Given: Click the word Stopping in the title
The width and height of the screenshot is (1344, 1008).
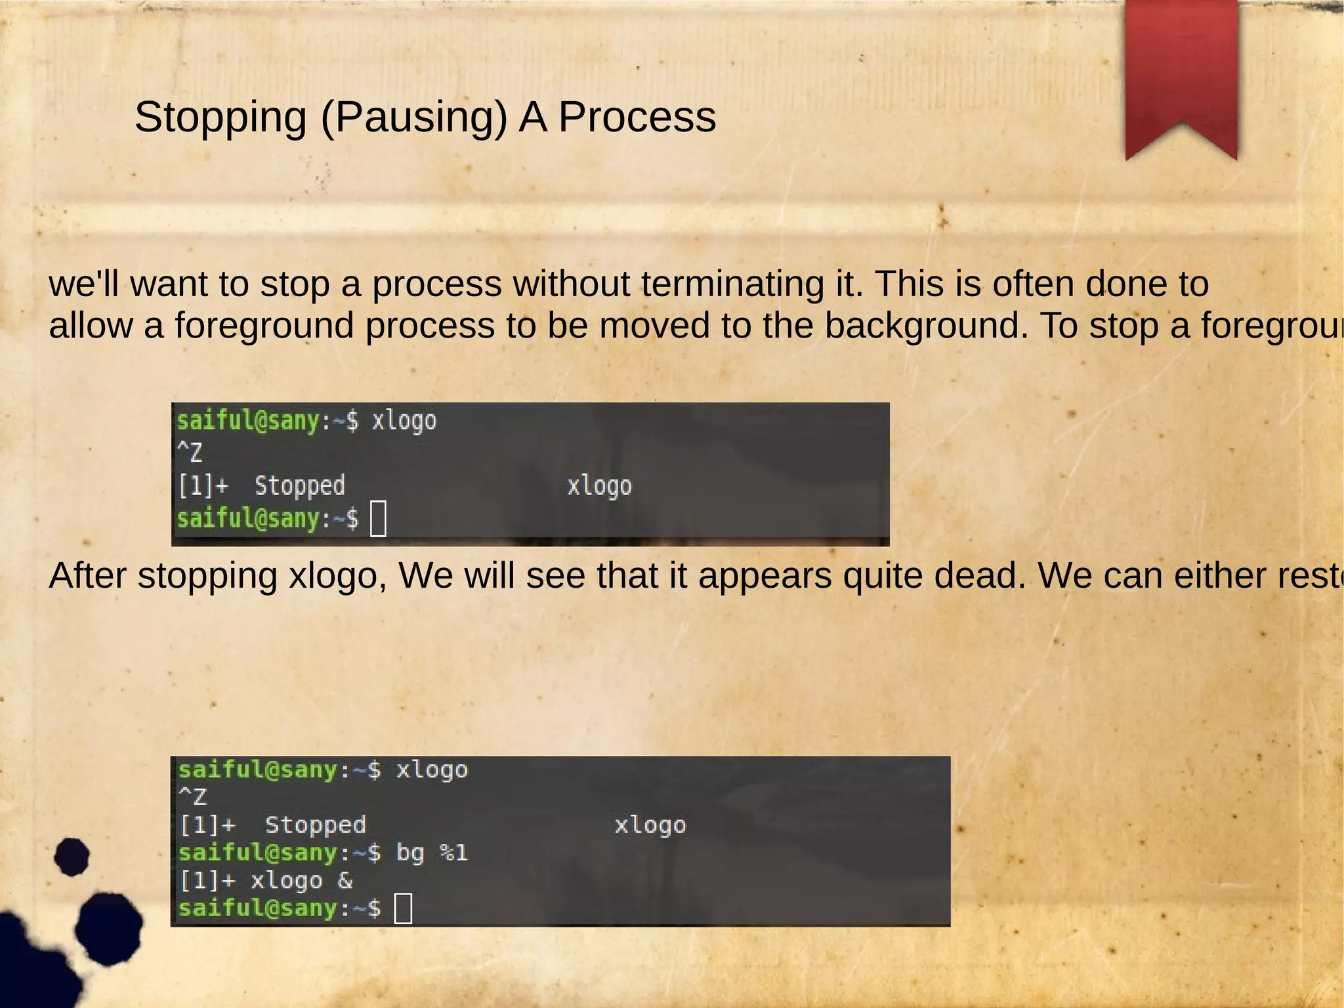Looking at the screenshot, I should [x=220, y=118].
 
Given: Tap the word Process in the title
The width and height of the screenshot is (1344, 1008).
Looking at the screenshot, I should [x=637, y=118].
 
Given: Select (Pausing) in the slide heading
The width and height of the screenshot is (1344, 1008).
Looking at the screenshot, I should [x=413, y=118].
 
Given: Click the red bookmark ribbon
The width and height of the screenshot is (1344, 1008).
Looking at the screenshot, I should [x=1181, y=72].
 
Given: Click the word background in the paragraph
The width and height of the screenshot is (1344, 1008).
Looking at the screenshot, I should [x=926, y=326].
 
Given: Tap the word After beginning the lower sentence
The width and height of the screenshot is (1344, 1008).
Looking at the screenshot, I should [x=88, y=576].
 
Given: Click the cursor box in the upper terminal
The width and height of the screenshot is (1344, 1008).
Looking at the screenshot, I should [x=379, y=519].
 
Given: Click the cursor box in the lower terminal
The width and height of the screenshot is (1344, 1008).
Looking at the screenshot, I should [x=403, y=908].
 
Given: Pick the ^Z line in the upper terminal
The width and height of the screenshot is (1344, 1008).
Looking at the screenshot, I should [x=190, y=452].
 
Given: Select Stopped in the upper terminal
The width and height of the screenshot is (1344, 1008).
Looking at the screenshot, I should [x=299, y=486].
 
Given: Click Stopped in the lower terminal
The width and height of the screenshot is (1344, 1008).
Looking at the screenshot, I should [x=315, y=825].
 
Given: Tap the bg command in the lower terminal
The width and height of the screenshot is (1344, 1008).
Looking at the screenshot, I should [x=410, y=853].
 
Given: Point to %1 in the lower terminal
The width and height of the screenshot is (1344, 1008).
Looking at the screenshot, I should [x=453, y=853].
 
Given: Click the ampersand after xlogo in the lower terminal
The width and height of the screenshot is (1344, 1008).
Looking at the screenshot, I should [x=345, y=881].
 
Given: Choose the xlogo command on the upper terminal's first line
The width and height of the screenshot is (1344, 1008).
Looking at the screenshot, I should [x=404, y=420].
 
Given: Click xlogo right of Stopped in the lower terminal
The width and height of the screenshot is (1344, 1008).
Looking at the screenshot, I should [x=650, y=825].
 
